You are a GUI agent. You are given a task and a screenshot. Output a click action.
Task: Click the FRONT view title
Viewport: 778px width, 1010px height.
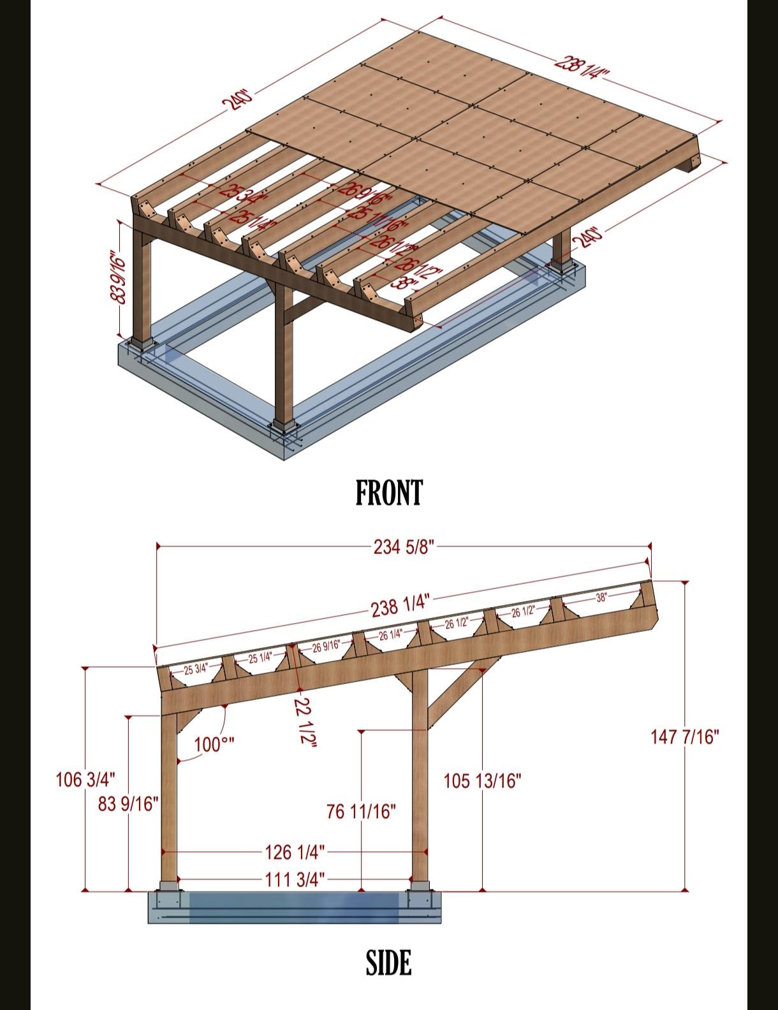pos(388,493)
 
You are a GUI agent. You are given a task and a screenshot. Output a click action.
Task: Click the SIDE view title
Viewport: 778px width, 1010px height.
pos(388,963)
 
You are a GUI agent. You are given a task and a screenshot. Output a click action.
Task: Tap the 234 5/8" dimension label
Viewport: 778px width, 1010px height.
pos(404,546)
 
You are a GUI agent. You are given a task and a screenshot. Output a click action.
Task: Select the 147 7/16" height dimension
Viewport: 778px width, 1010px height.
pos(684,737)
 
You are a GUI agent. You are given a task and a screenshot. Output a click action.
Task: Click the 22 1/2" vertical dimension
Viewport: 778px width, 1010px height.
pos(305,721)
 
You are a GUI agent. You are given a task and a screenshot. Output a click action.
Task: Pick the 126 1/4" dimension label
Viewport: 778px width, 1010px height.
pos(295,851)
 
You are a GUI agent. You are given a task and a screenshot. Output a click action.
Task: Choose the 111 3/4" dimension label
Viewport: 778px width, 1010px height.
pos(295,880)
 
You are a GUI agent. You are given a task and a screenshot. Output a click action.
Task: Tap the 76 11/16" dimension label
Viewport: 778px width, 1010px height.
pos(361,812)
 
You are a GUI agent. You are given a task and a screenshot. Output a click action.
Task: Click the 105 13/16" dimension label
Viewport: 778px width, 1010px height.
pos(483,780)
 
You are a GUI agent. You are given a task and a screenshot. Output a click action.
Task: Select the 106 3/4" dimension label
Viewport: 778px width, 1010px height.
pos(85,779)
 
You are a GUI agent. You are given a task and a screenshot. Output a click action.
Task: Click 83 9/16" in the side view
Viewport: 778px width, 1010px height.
pos(128,804)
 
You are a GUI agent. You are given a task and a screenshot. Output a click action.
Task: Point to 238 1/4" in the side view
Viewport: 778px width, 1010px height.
pos(400,606)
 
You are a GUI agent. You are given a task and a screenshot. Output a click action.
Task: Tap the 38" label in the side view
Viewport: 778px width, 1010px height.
pos(601,597)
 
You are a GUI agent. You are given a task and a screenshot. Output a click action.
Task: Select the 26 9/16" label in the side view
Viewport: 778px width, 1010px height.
pos(325,647)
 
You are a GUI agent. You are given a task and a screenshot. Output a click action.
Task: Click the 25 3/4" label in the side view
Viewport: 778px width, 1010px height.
pos(196,669)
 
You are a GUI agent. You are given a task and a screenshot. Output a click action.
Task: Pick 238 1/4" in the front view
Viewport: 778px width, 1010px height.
pos(582,66)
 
